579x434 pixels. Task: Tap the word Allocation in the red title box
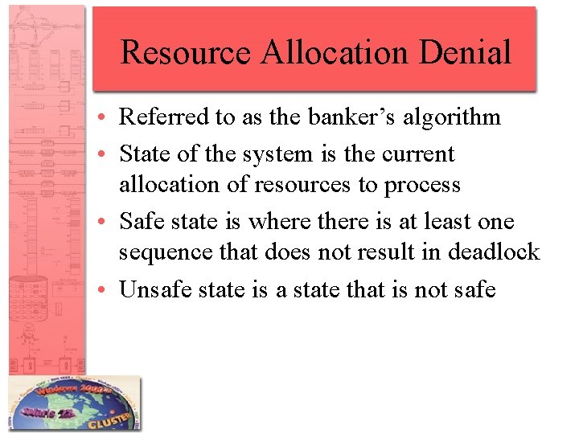[x=326, y=53]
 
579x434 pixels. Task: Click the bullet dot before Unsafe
[x=106, y=290]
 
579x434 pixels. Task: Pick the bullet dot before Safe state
[x=106, y=223]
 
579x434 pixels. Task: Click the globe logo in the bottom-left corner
[x=74, y=404]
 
